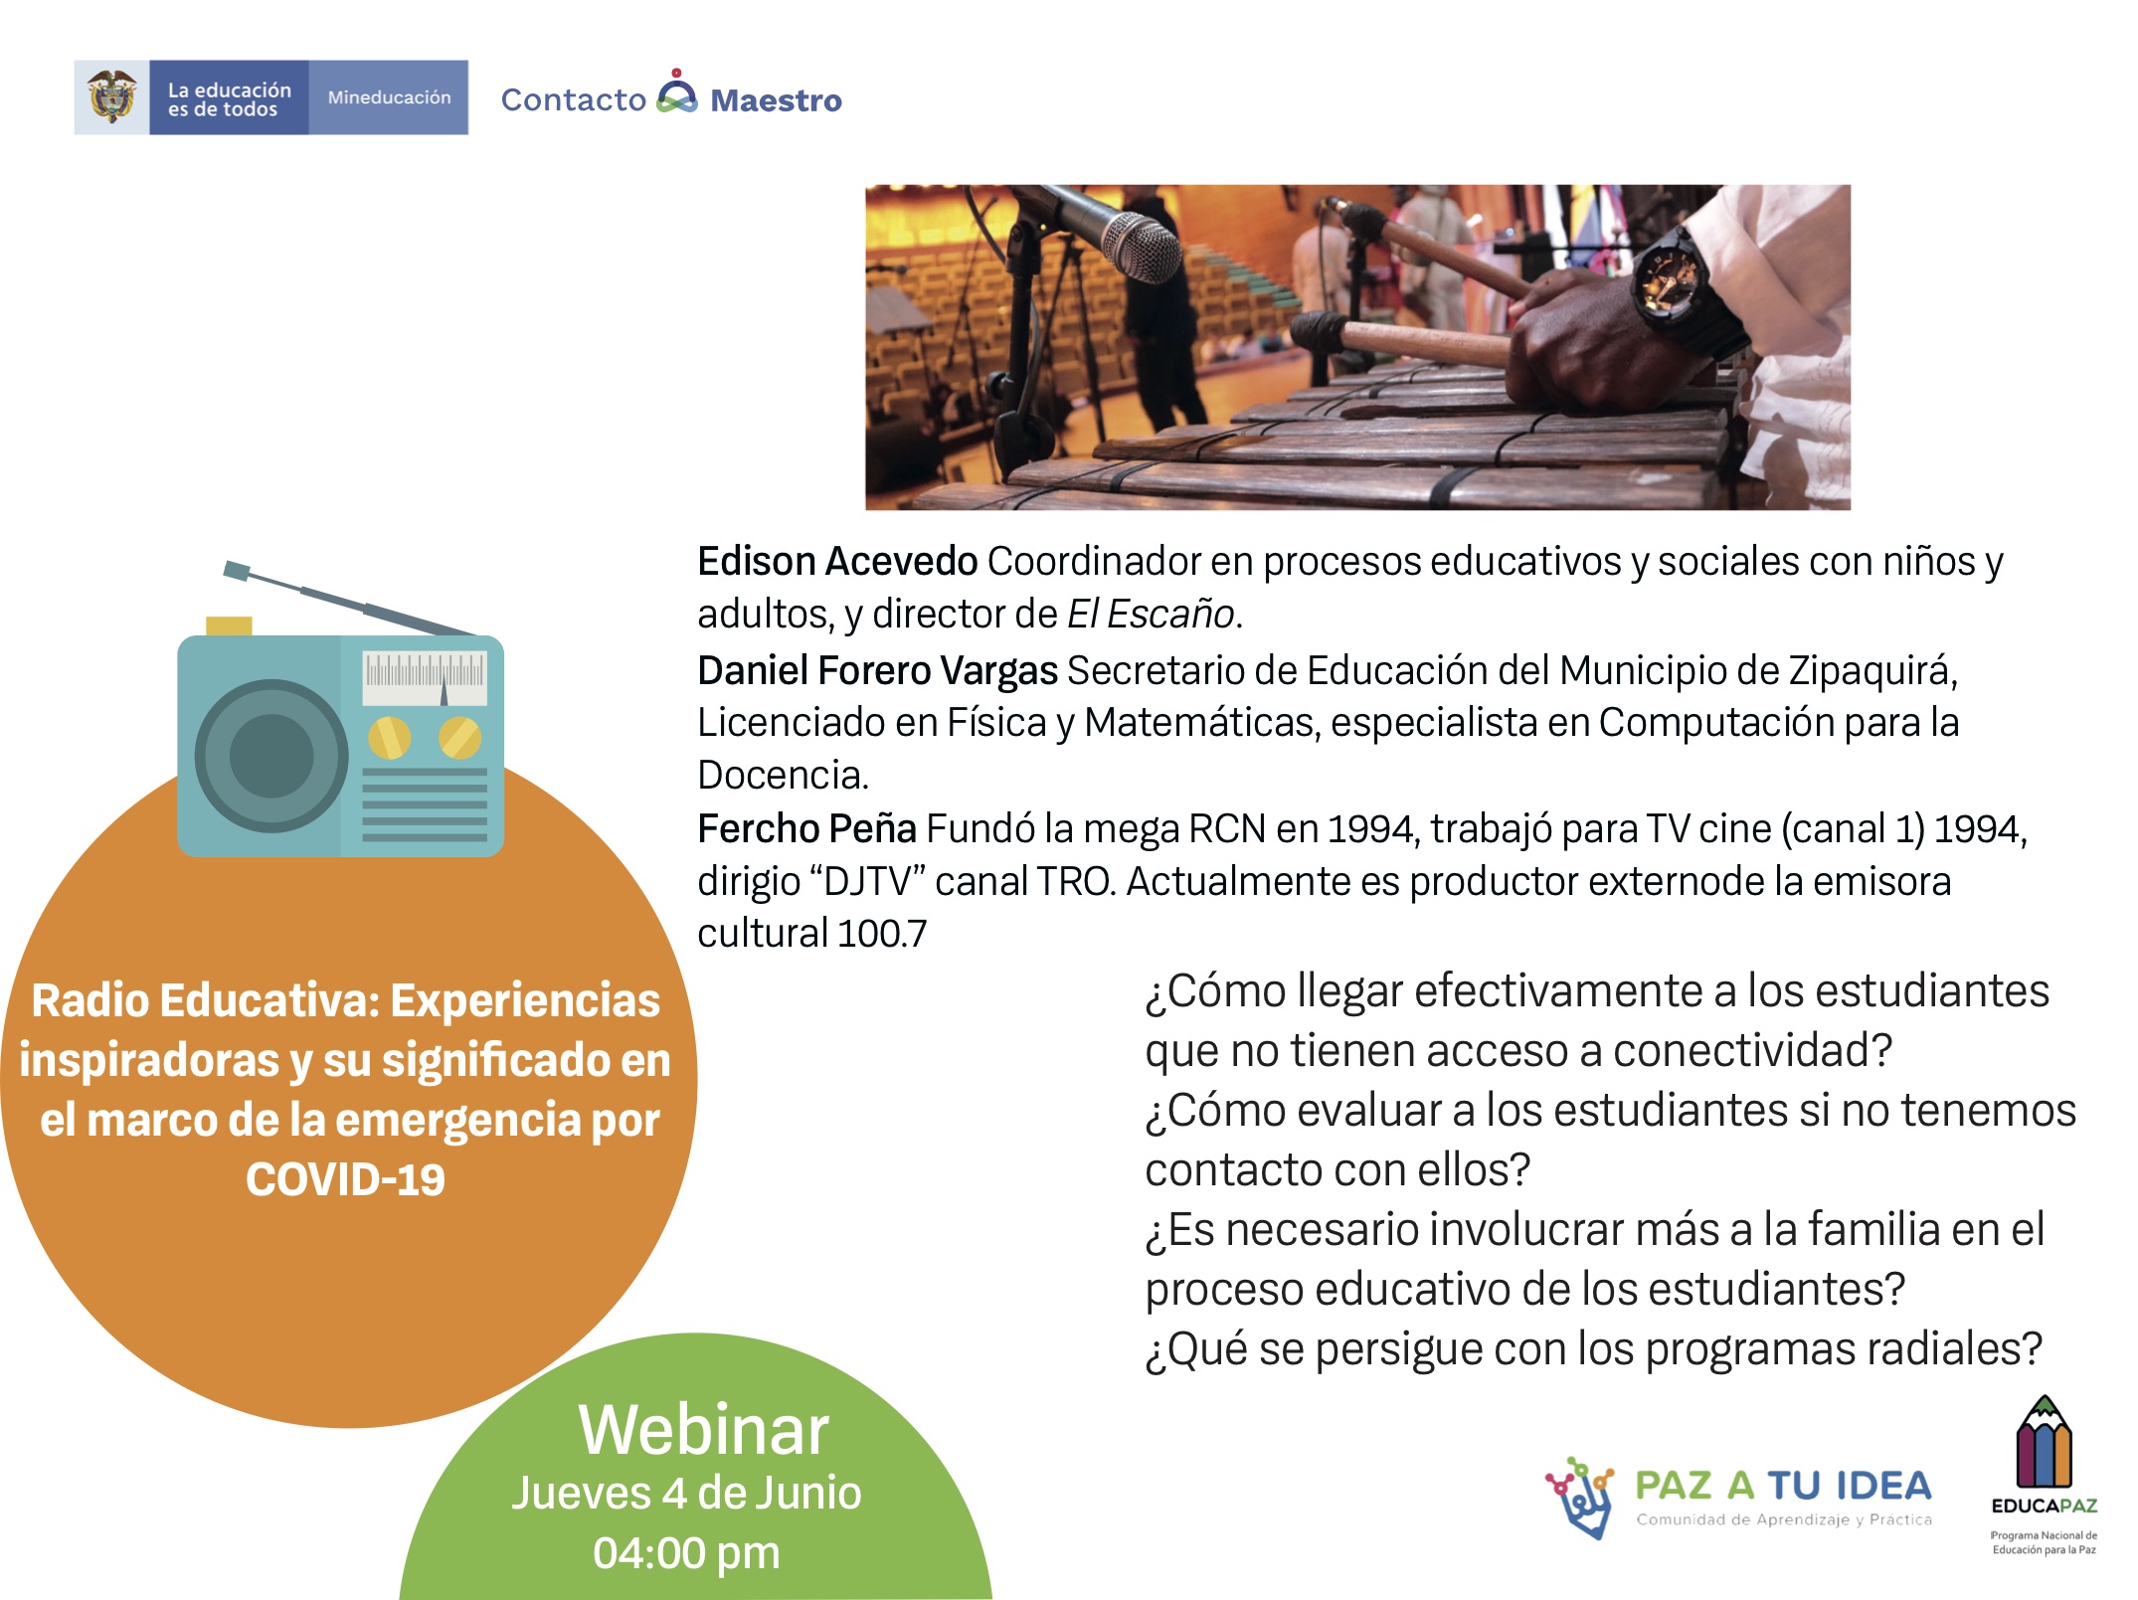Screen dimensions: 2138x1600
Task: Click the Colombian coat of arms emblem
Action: tap(111, 96)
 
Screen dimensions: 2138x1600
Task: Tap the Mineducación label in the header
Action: tap(389, 97)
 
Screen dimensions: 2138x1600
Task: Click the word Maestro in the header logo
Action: tap(776, 100)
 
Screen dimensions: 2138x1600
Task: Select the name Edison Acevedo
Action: tap(837, 562)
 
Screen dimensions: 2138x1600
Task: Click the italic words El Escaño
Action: tap(1151, 615)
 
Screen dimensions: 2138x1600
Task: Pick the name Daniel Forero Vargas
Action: tap(877, 671)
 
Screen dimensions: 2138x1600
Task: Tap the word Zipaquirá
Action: tap(1872, 672)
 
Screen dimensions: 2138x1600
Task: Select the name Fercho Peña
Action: tap(806, 828)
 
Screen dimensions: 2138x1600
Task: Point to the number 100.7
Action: tap(882, 934)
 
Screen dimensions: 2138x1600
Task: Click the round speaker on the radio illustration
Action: tap(271, 756)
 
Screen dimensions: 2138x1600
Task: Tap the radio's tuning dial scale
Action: tap(425, 678)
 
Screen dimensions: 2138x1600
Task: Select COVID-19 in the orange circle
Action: tap(345, 1180)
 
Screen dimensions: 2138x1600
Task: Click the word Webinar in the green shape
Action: tap(703, 1430)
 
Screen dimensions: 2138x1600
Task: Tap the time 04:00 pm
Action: tap(686, 1553)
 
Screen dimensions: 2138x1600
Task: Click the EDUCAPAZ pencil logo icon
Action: tap(2044, 1441)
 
